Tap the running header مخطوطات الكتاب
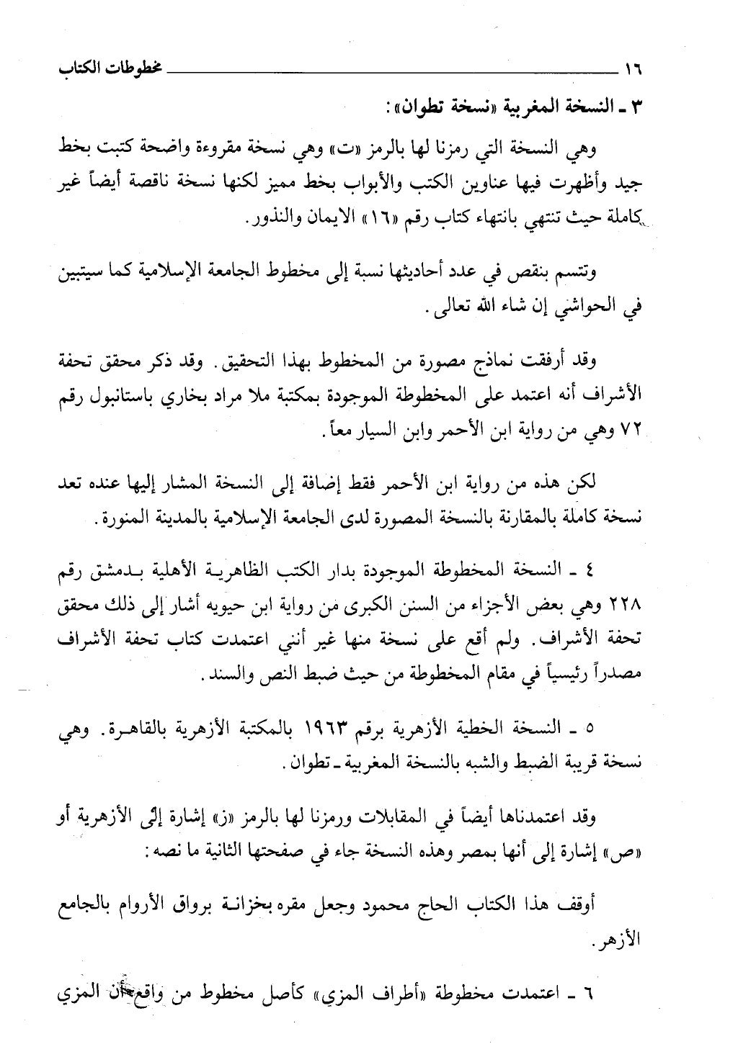tap(101, 71)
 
